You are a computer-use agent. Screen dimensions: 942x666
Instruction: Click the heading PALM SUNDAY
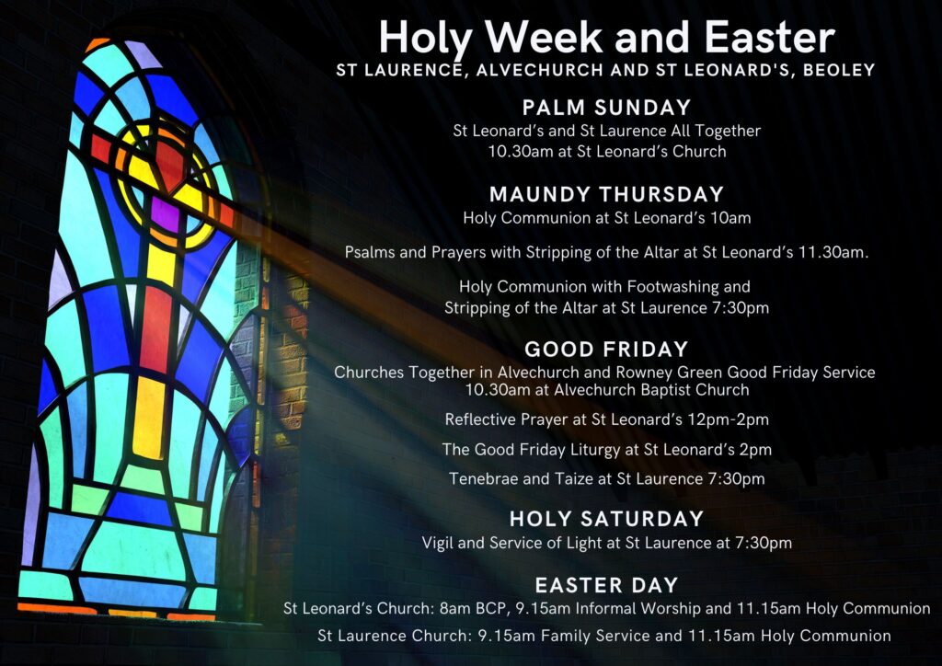pos(607,108)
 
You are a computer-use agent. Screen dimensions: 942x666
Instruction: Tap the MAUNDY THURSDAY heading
pos(607,195)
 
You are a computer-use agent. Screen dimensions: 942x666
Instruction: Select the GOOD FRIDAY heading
pos(606,350)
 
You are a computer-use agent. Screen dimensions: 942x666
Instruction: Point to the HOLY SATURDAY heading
pos(607,519)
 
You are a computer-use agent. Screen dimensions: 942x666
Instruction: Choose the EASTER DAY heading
pos(607,586)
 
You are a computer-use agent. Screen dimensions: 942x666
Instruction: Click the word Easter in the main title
pos(770,37)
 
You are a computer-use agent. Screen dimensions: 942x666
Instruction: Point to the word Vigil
pos(437,543)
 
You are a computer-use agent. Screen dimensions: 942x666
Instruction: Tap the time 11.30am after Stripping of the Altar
pos(833,253)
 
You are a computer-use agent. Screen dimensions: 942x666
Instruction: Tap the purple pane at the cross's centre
pos(166,214)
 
